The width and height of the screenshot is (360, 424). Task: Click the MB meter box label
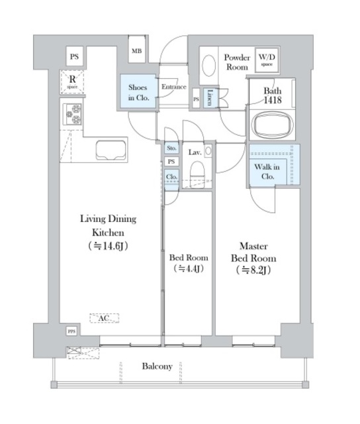136,51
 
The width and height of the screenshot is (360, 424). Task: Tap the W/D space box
267,60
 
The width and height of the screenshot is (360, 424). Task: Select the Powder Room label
237,62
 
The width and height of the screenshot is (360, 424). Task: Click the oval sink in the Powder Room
208,66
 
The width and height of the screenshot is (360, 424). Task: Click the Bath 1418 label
273,95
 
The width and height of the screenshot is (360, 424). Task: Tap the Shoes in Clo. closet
138,91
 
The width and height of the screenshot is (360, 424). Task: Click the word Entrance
174,87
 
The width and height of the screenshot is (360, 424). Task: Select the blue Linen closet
209,97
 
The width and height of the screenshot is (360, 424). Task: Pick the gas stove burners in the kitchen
72,114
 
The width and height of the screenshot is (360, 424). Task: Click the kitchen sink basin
111,150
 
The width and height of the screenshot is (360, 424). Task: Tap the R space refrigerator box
72,81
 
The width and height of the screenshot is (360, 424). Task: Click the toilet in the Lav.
197,172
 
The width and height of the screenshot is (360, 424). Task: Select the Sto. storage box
171,148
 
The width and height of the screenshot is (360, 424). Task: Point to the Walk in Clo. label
267,172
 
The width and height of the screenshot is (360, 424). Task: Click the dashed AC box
105,318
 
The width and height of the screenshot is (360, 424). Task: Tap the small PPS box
71,331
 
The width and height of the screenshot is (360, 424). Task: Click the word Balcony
157,366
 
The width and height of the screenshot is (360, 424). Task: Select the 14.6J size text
108,246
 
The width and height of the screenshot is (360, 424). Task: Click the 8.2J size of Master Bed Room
253,270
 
